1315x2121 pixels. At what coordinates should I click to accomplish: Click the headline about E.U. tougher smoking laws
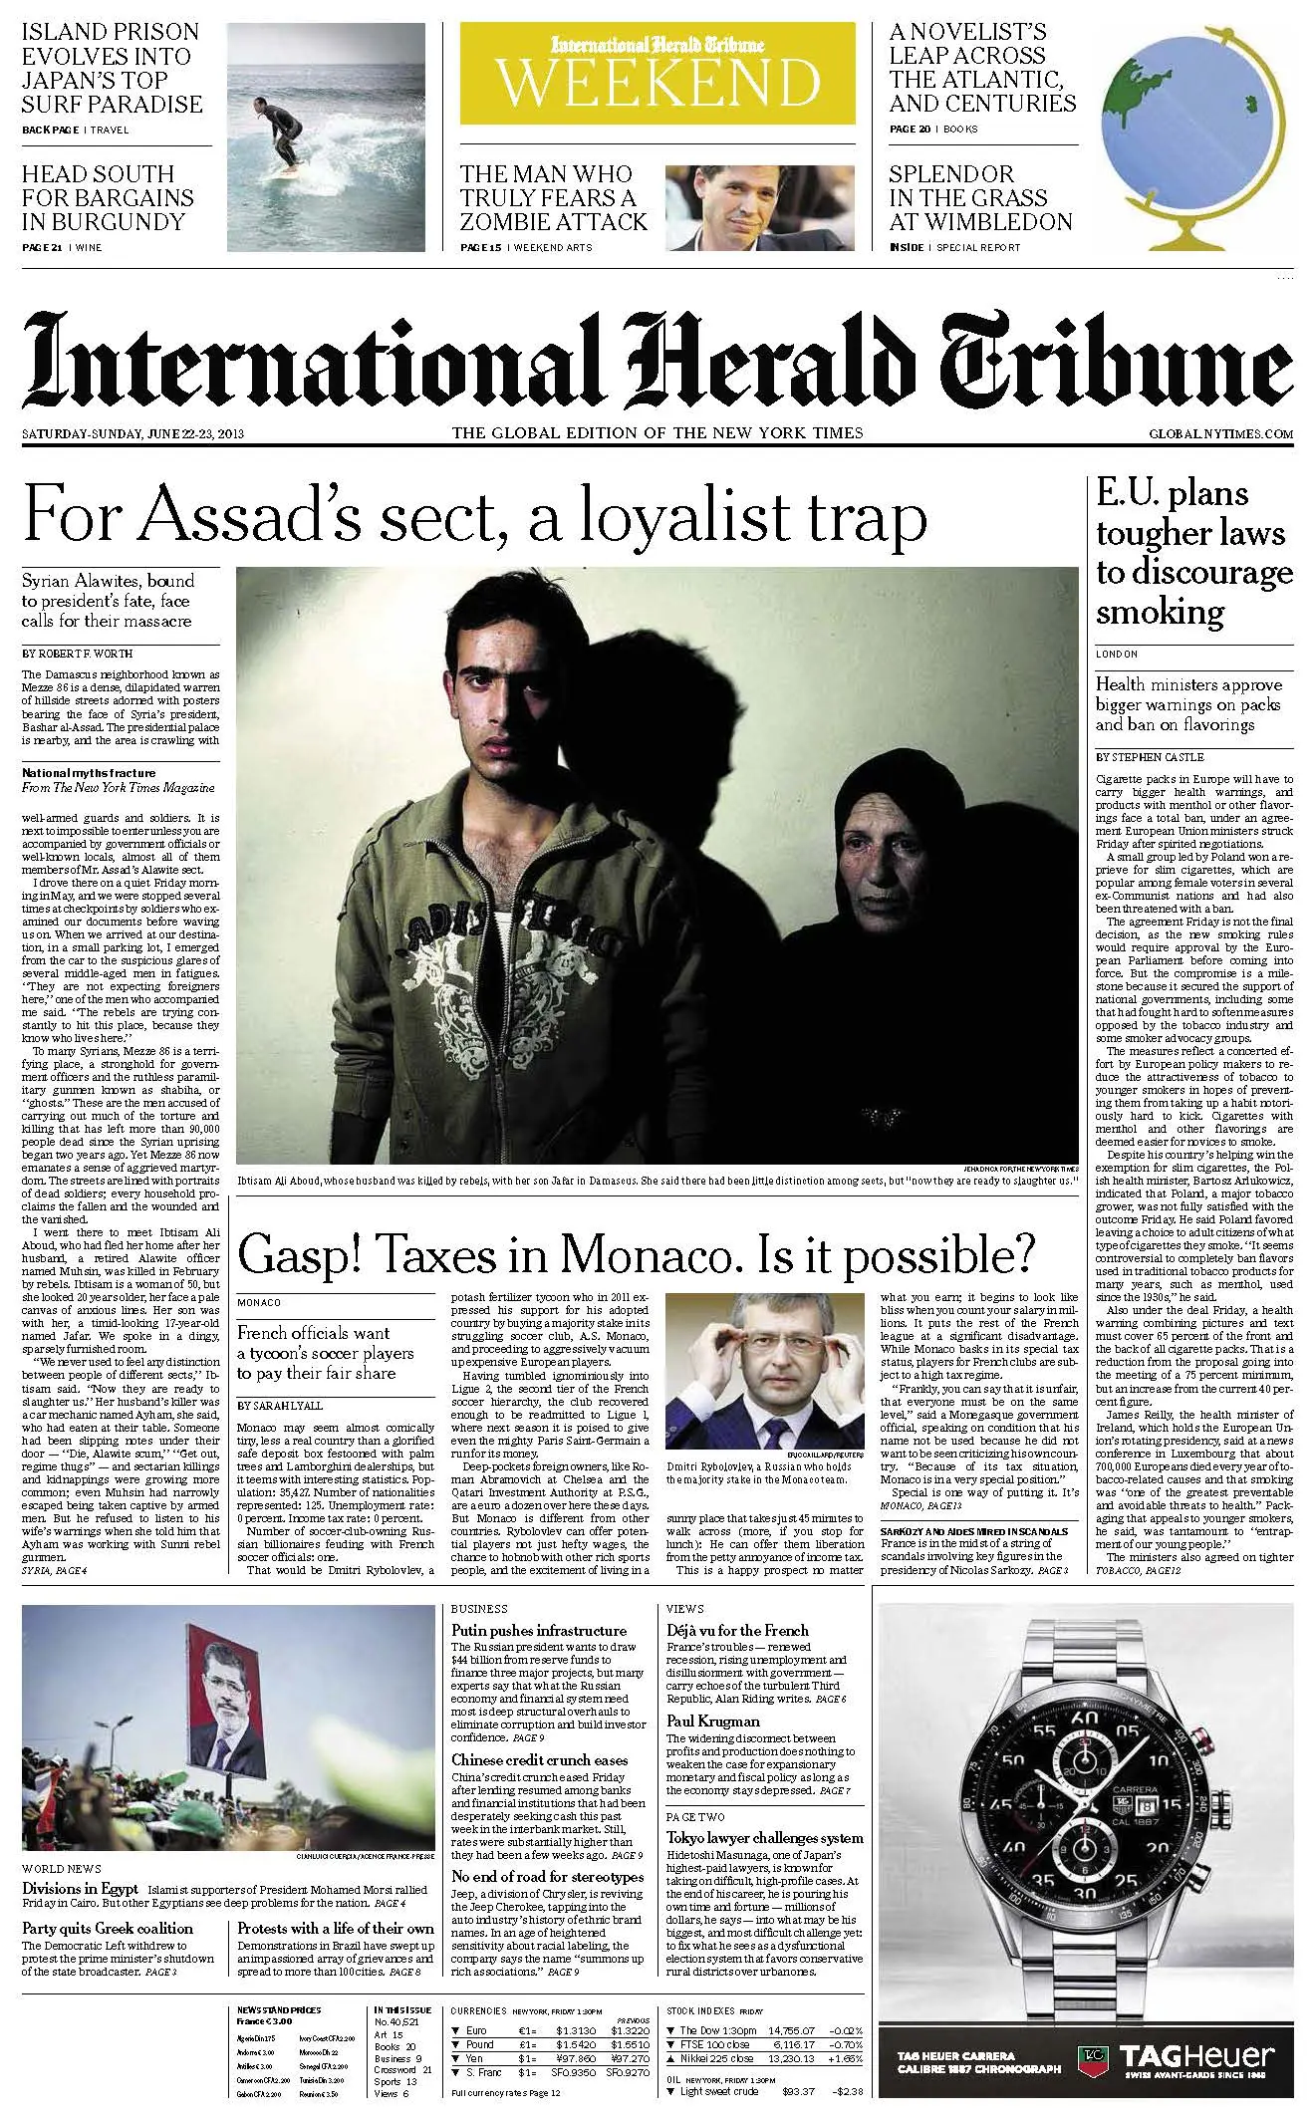click(x=1193, y=552)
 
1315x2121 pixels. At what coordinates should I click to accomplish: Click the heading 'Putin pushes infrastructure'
click(x=539, y=1631)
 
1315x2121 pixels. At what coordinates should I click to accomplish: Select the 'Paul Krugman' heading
click(x=713, y=1721)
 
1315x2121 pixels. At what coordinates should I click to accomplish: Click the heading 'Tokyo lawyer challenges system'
click(x=765, y=1838)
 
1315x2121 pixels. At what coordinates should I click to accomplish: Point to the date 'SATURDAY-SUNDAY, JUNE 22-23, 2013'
click(x=133, y=433)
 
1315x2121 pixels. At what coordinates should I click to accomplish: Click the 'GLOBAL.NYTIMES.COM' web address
click(x=1220, y=434)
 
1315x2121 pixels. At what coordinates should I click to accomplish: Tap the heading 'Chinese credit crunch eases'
click(x=539, y=1760)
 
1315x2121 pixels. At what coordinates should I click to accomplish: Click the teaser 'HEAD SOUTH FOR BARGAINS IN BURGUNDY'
click(x=109, y=197)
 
